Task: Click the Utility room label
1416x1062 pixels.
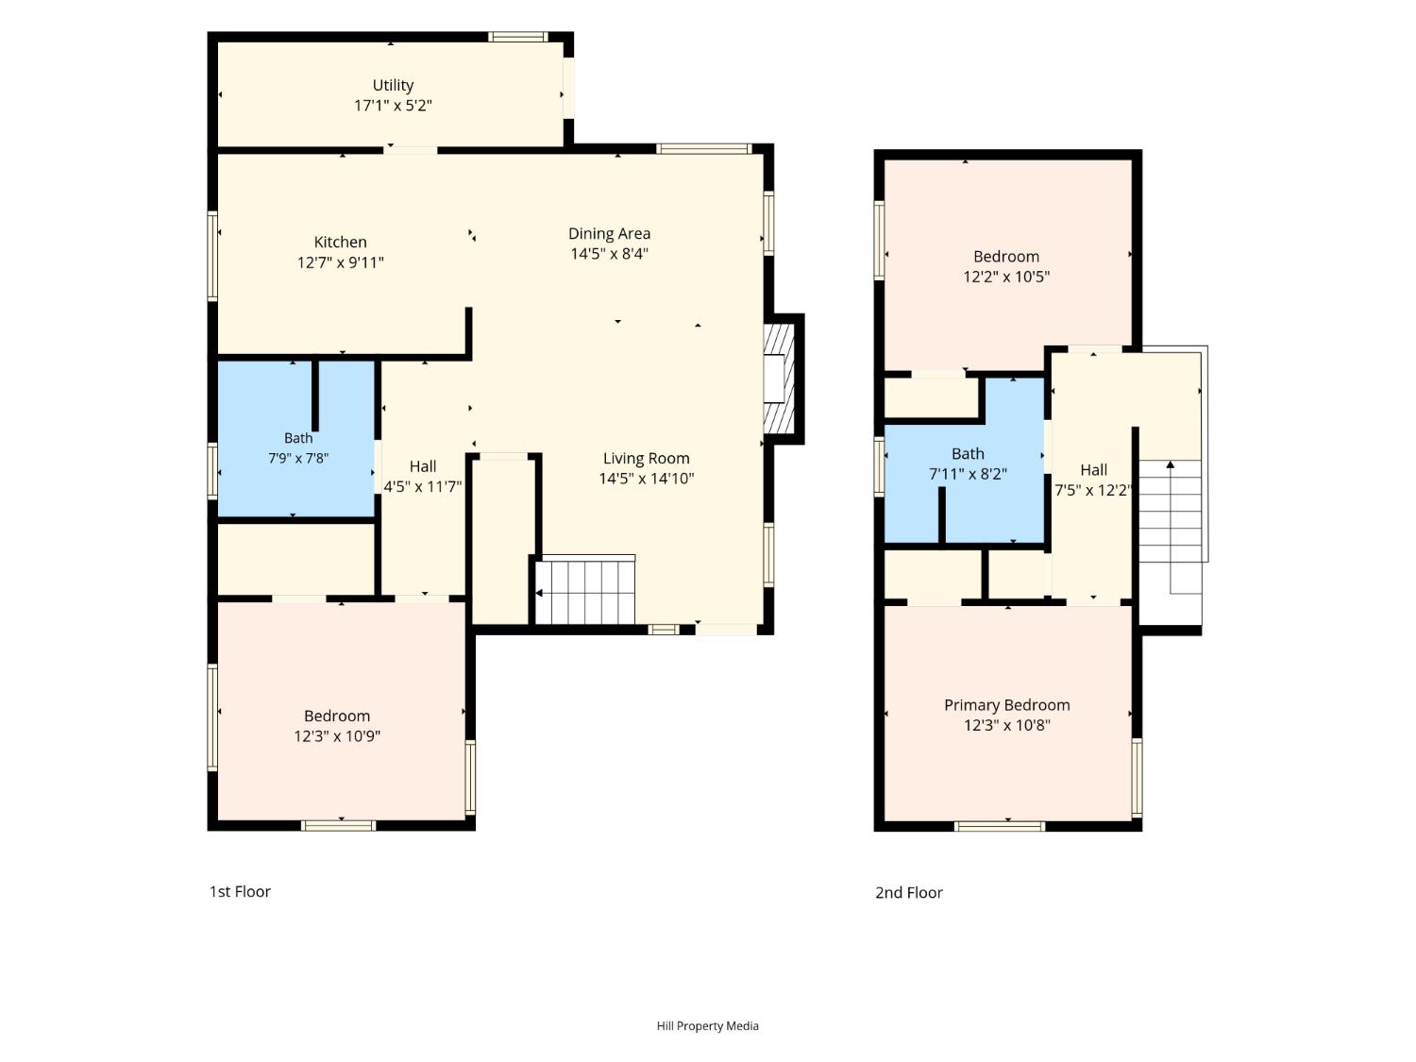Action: click(393, 86)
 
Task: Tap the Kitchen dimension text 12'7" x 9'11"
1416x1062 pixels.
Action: click(340, 262)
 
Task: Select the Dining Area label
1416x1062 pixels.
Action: click(609, 233)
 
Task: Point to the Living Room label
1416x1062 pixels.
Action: click(646, 459)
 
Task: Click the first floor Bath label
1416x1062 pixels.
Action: click(298, 438)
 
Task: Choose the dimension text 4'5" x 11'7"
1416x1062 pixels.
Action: click(423, 487)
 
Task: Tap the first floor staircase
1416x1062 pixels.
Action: click(585, 592)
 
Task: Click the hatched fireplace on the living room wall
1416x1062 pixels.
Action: click(779, 379)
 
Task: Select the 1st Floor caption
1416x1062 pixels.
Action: click(240, 892)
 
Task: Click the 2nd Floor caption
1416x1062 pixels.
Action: click(908, 893)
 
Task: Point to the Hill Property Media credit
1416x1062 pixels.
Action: click(707, 1026)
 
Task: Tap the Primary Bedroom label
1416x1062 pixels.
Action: click(1006, 705)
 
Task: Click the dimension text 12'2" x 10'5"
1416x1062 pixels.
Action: click(1006, 278)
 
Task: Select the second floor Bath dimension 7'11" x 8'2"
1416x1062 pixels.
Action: click(968, 475)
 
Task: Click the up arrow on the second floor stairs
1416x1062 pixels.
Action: click(1171, 464)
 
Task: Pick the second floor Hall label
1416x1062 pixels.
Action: click(1093, 470)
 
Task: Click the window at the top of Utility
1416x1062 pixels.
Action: click(517, 37)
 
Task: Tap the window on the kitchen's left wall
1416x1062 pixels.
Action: click(212, 256)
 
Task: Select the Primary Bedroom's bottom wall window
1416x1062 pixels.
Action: click(1000, 826)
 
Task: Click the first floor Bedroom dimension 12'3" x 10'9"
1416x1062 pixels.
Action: click(337, 736)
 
